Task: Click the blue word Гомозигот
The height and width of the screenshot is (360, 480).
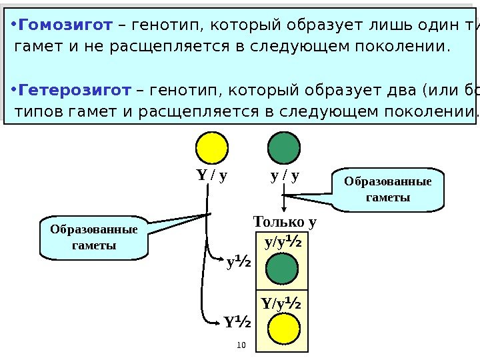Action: [x=65, y=26]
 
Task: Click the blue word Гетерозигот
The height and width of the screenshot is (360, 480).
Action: [x=74, y=89]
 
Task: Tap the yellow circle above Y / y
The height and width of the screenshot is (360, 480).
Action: [x=212, y=147]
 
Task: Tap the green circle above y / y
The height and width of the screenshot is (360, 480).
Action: [x=285, y=147]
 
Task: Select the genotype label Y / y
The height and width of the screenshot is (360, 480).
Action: [x=212, y=177]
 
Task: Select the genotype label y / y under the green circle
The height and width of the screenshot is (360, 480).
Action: [x=285, y=177]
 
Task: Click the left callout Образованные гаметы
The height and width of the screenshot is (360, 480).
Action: [x=93, y=237]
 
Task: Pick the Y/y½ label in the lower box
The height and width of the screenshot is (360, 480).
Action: [x=281, y=305]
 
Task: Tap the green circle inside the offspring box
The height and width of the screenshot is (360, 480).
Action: [x=282, y=270]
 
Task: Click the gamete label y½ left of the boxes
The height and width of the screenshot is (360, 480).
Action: [x=237, y=264]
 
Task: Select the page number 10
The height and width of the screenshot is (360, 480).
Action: [x=241, y=345]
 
